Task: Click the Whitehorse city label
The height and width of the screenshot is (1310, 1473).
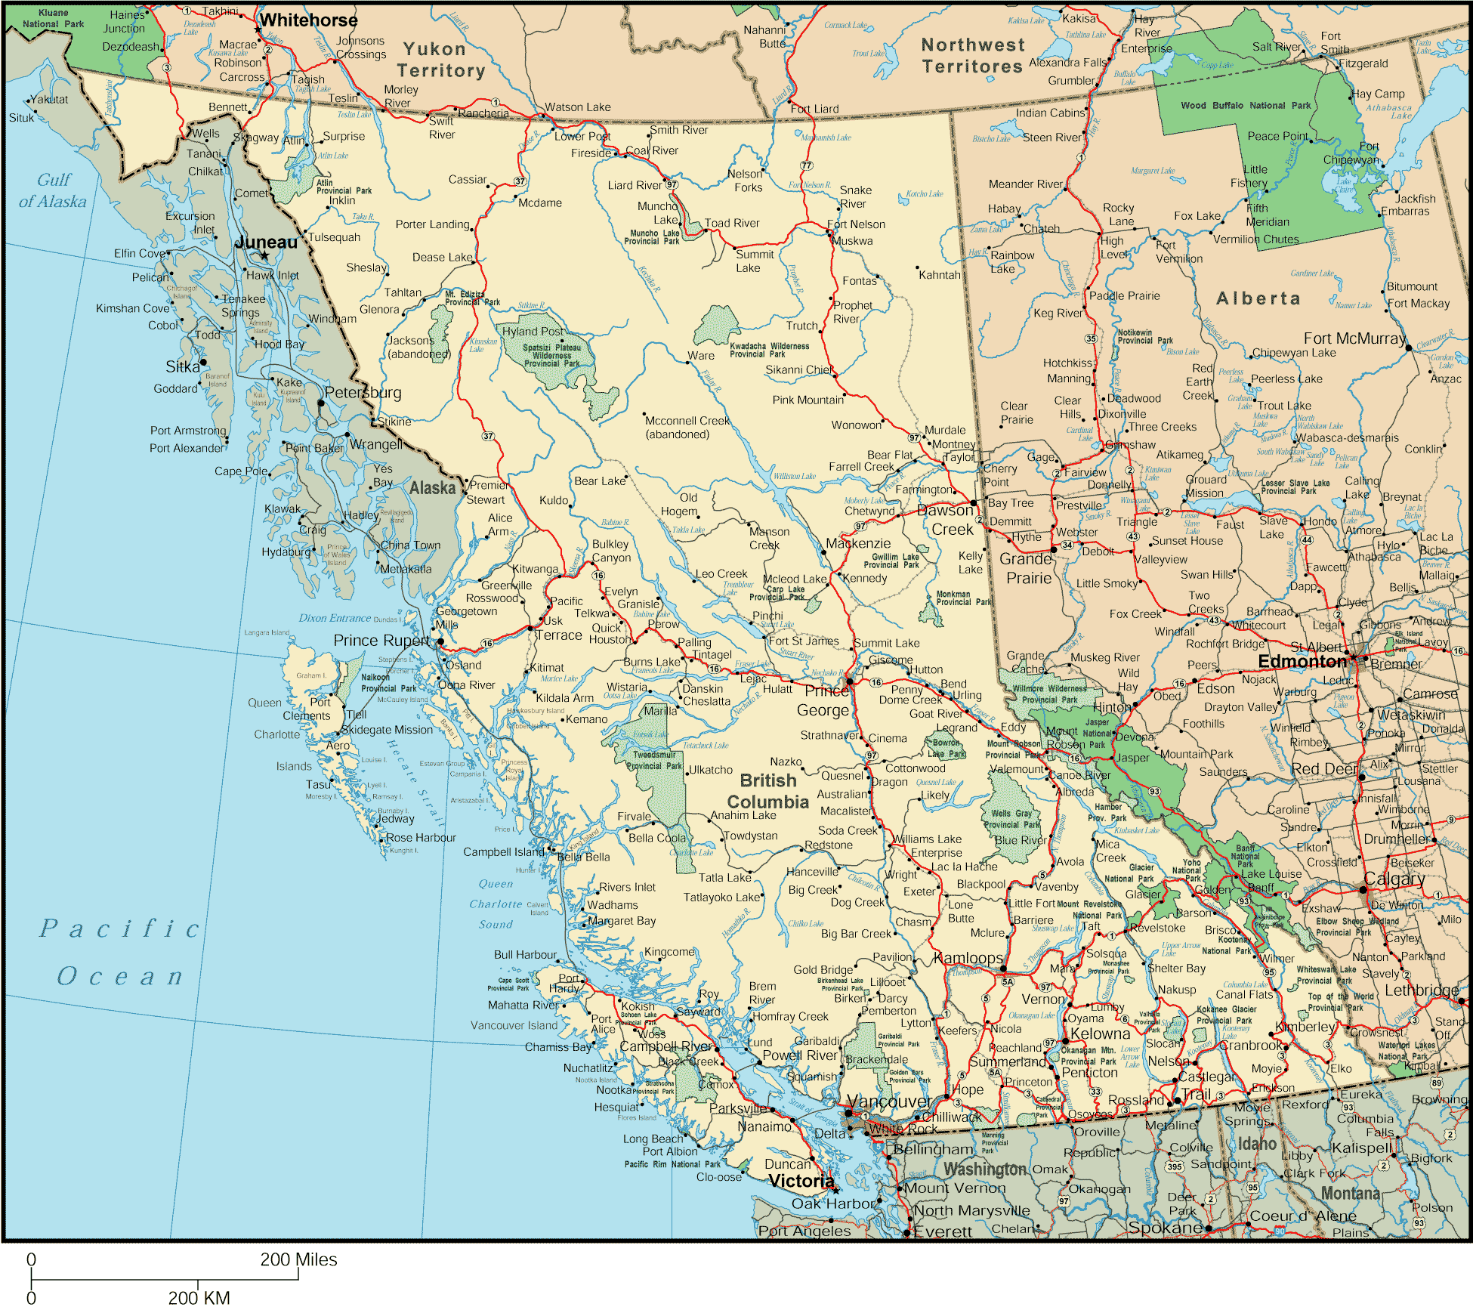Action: [308, 20]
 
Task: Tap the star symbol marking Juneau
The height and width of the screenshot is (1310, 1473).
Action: [264, 256]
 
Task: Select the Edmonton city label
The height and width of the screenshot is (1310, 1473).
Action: [1302, 662]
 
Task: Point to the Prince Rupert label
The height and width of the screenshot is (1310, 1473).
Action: [381, 641]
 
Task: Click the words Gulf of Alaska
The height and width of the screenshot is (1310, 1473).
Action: [53, 190]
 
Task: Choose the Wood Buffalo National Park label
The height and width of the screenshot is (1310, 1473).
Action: [1246, 106]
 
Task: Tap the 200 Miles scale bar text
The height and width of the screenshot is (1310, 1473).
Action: [298, 1259]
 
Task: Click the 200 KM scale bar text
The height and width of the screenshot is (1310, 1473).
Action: [199, 1297]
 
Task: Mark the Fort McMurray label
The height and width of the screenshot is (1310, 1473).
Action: [1354, 338]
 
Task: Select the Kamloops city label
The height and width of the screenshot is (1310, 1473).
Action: [968, 958]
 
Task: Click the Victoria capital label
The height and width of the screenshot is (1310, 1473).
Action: [801, 1181]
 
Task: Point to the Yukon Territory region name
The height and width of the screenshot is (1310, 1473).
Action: [440, 60]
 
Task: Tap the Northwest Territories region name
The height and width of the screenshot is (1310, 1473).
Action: [972, 56]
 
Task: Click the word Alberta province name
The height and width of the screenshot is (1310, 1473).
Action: [1258, 298]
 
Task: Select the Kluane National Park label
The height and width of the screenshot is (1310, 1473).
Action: [53, 18]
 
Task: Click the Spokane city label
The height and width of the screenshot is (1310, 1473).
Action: [1165, 1228]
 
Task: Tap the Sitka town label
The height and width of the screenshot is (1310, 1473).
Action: [183, 366]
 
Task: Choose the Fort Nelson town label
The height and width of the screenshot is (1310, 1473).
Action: [856, 224]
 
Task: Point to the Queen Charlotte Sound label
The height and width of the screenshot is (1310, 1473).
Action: [496, 904]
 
